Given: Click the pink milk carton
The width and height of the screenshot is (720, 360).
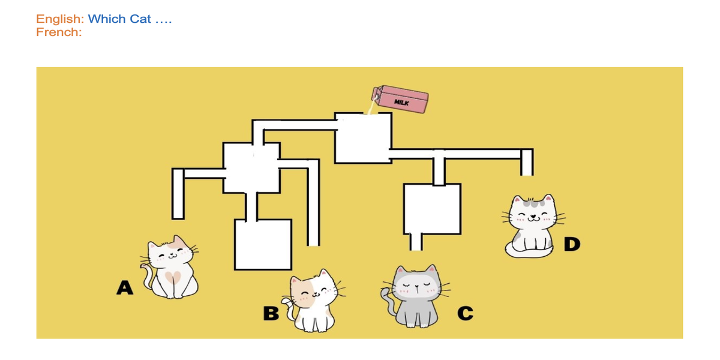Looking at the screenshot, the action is (400, 99).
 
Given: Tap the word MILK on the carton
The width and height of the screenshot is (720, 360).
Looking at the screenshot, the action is (401, 103).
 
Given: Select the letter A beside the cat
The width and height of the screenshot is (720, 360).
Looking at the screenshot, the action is (125, 287).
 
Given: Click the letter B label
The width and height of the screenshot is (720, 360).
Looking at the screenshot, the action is (271, 313).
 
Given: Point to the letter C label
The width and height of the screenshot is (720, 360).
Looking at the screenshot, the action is (465, 313).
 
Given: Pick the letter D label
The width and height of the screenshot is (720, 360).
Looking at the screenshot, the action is (572, 244).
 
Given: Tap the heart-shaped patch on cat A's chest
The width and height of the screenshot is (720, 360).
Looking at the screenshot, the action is (173, 277).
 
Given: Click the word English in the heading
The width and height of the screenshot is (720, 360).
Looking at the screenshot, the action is (60, 19).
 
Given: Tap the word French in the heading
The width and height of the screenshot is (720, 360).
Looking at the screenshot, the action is (59, 32).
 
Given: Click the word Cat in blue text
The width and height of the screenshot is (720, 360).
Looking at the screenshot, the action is (140, 19).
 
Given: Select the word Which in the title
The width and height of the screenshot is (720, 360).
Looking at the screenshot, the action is (107, 19).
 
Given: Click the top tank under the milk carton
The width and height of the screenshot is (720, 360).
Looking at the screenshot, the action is (363, 138).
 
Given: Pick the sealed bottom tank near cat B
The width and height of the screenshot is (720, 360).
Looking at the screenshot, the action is (263, 245).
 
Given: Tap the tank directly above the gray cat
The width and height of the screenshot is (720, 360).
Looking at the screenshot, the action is (433, 209).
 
